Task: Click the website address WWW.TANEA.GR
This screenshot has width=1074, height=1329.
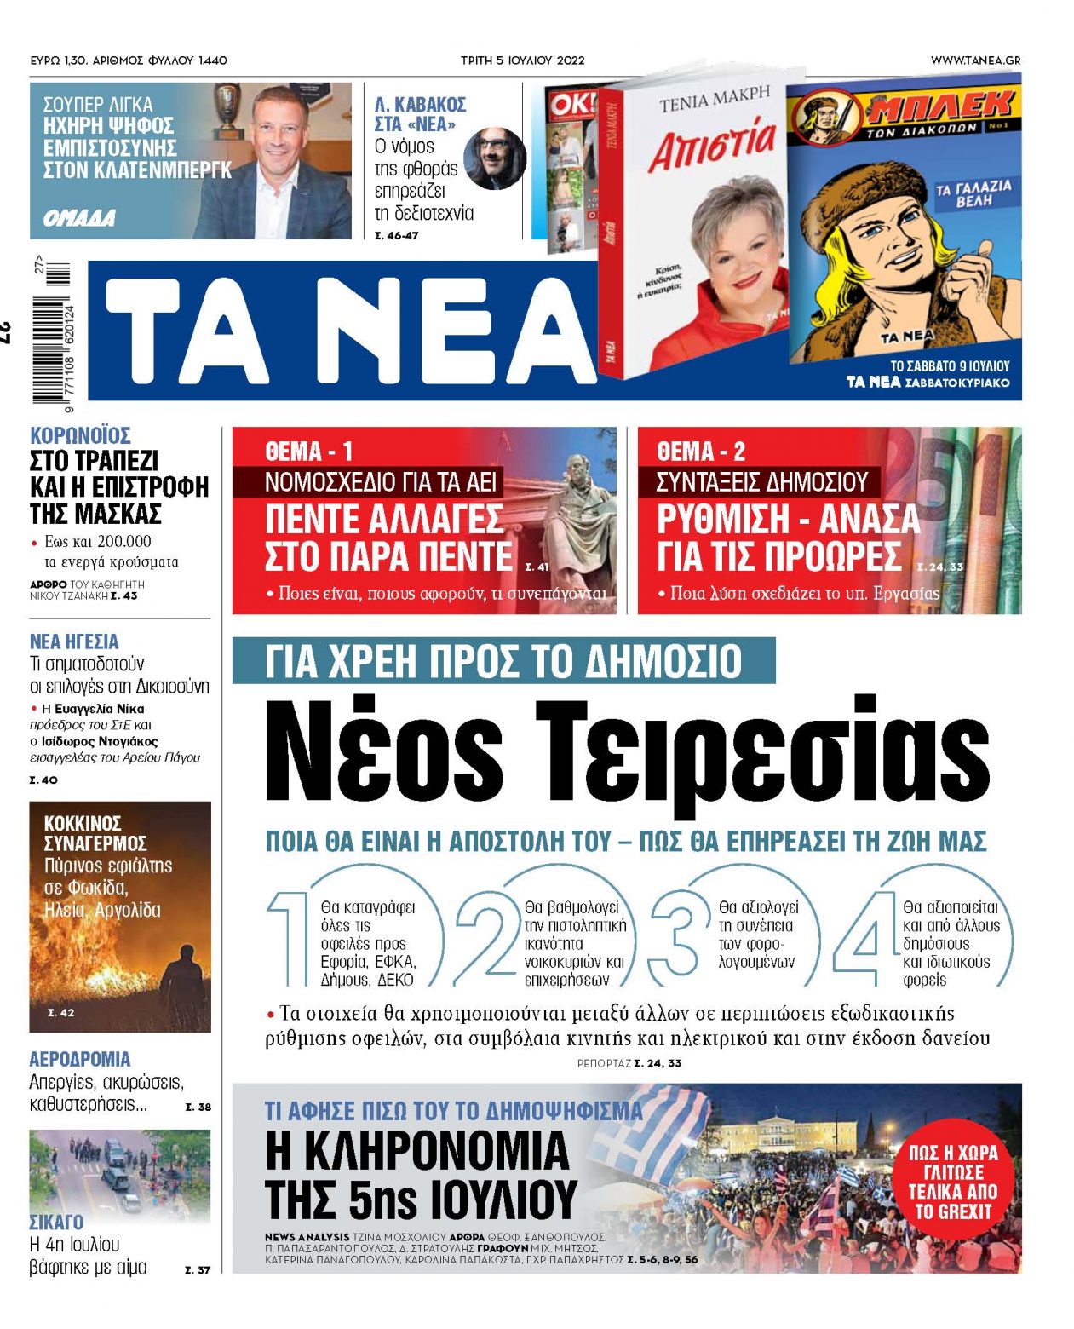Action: click(975, 60)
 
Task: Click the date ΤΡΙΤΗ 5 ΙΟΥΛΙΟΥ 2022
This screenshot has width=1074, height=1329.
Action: click(522, 60)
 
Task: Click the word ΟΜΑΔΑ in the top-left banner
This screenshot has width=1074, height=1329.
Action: click(79, 219)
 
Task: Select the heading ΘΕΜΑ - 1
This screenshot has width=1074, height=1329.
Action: click(308, 451)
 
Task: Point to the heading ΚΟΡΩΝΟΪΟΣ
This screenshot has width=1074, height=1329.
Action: click(80, 435)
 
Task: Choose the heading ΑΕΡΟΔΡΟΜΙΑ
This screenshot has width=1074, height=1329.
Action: click(80, 1059)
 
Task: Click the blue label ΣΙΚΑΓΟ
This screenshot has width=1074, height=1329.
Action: click(56, 1222)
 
